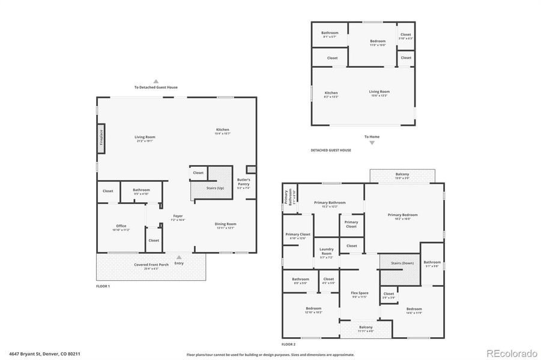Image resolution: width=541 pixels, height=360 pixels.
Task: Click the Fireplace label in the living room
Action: (x=101, y=137)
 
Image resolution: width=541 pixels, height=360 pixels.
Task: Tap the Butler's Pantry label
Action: (x=243, y=183)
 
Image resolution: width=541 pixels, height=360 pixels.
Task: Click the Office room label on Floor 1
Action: (x=121, y=227)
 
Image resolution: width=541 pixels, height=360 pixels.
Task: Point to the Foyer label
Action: (x=178, y=217)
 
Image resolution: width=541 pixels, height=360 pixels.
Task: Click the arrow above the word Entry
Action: (x=179, y=256)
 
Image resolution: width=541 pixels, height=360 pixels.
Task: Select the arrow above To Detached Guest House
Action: (x=156, y=80)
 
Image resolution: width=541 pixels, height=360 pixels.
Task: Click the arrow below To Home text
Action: (x=372, y=143)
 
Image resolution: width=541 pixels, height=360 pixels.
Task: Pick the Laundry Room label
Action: (x=326, y=251)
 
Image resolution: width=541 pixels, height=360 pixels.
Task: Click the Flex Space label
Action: (x=360, y=295)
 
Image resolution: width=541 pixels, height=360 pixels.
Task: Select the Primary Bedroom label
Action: (x=402, y=216)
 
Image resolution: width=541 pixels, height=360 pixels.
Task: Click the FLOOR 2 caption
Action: (x=288, y=344)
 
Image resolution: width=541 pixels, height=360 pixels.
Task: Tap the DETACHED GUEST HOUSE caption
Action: (x=330, y=150)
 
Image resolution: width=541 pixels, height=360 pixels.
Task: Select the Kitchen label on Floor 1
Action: (x=223, y=131)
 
